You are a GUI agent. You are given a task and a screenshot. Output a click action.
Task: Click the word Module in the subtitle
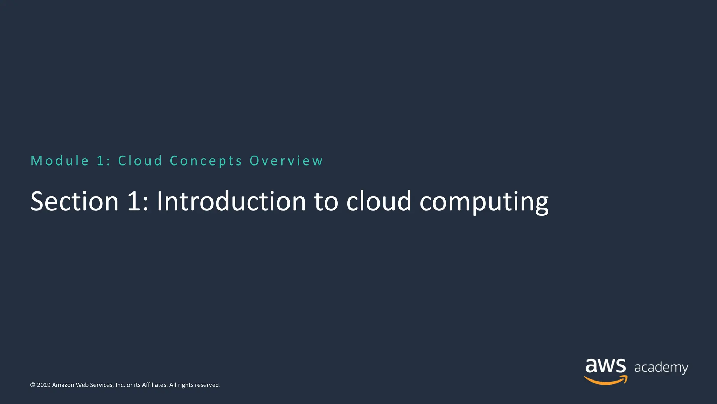[x=60, y=161]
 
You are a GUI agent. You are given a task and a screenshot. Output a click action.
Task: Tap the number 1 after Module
[x=101, y=161]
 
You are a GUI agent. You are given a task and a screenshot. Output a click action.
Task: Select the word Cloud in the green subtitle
[x=140, y=161]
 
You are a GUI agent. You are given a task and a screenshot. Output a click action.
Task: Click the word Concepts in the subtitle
[x=206, y=161]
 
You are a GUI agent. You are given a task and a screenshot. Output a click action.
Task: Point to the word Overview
[x=286, y=161]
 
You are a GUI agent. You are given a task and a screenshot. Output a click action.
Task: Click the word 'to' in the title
[x=326, y=202]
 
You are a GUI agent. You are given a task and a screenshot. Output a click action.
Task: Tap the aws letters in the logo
[x=605, y=366]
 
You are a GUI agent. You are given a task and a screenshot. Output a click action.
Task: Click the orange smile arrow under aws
[x=606, y=380]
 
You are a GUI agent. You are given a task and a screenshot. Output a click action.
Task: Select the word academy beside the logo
[x=661, y=368]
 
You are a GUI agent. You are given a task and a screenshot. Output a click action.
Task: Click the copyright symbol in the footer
[x=33, y=385]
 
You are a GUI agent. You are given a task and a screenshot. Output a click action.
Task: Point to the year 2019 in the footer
[x=44, y=385]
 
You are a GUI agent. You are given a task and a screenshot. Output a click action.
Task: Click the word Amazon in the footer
[x=63, y=385]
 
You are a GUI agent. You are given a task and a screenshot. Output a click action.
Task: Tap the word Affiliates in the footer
[x=154, y=385]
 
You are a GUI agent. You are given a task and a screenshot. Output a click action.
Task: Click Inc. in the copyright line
[x=120, y=385]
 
